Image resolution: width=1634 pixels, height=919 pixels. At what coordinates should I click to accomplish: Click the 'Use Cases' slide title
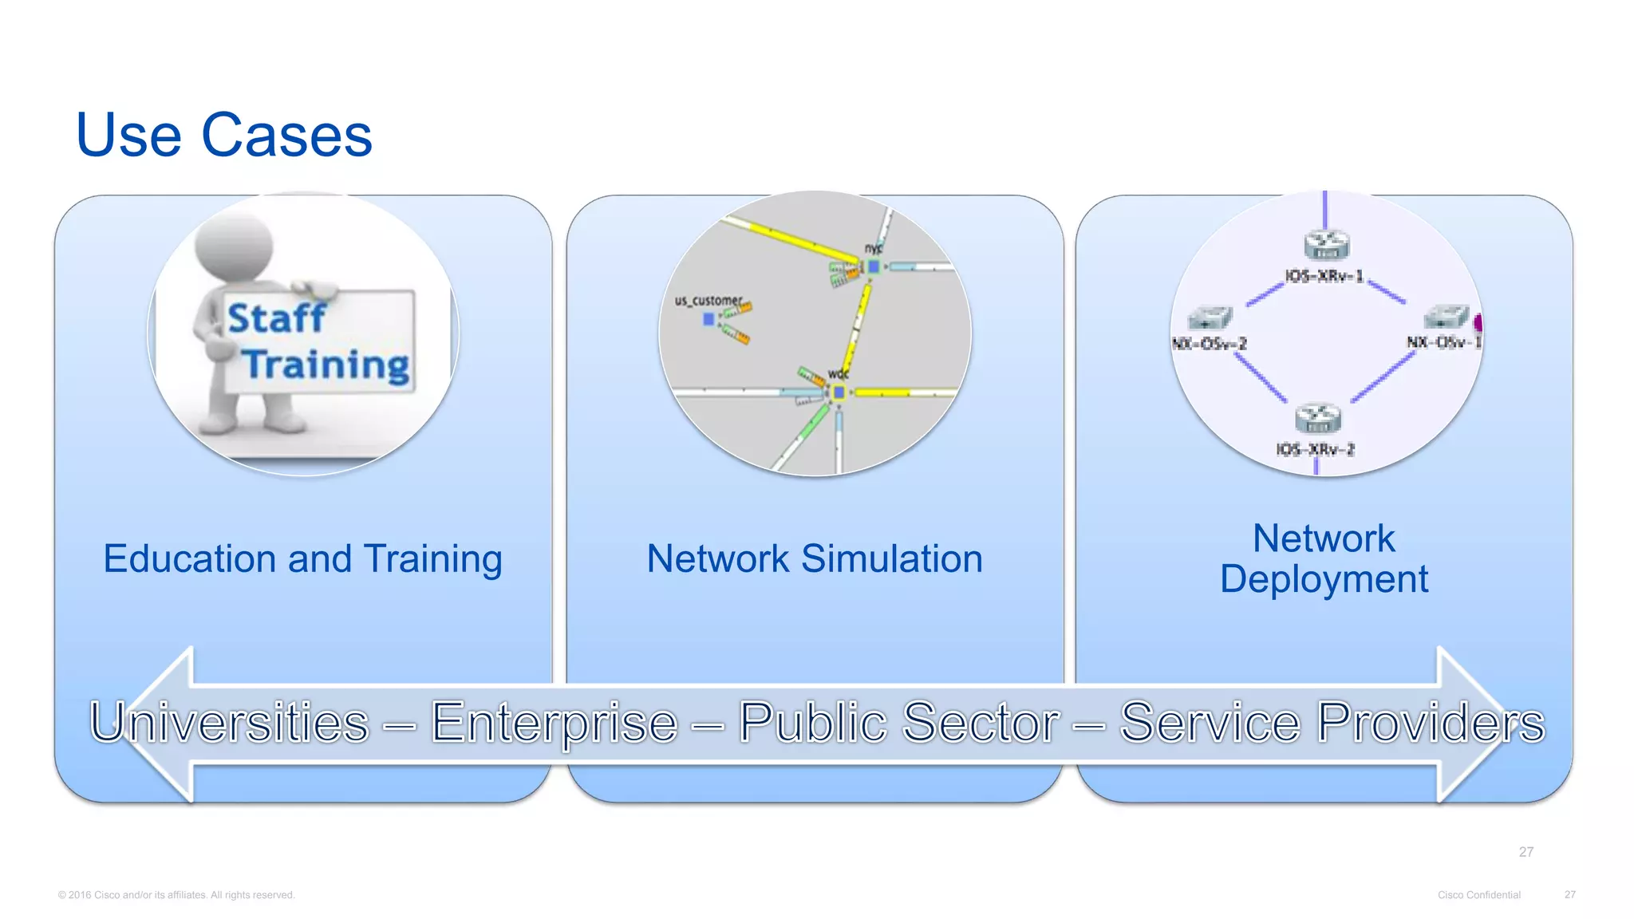[223, 135]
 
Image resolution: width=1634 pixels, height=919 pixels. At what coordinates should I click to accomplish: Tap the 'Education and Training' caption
[302, 558]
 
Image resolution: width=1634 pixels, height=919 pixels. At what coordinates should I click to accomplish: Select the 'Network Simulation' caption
[815, 558]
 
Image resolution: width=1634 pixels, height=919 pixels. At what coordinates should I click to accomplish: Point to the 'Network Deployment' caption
[1324, 558]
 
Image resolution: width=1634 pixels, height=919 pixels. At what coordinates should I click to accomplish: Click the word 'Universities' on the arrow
[230, 723]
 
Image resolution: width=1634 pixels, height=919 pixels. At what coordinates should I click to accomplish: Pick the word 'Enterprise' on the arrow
[554, 723]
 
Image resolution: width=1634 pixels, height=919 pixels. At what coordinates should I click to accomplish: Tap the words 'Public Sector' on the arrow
[899, 723]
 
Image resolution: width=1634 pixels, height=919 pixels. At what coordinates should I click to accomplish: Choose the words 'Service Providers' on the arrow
[1332, 723]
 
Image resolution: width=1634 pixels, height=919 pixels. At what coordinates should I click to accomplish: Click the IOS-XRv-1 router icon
[1326, 244]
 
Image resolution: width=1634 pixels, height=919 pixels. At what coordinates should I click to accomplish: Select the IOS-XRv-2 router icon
[1317, 417]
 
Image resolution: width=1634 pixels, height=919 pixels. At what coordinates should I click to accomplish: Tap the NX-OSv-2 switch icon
[1210, 318]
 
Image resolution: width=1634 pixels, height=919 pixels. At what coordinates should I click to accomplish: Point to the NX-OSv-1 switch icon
[1446, 317]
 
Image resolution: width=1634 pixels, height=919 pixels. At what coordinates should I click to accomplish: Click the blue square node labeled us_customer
[708, 319]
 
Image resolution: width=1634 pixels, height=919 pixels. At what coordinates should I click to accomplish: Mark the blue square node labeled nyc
[874, 267]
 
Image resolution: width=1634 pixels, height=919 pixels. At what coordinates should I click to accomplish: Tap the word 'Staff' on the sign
[276, 318]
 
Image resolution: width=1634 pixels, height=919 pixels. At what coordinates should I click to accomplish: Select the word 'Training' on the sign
[326, 365]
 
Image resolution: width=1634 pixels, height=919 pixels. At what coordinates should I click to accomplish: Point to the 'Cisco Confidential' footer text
[1478, 895]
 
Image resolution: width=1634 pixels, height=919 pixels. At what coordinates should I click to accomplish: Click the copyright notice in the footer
[176, 895]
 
